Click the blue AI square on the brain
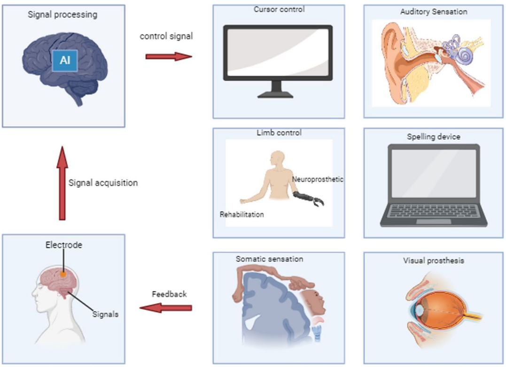tap(65, 61)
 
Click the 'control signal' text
tap(166, 36)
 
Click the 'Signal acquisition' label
tap(103, 183)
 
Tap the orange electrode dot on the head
tap(62, 273)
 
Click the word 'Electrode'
tap(64, 245)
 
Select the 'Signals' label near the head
tap(105, 314)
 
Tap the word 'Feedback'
tap(169, 294)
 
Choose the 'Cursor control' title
tap(279, 9)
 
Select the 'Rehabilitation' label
tap(241, 214)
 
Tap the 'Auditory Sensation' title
tap(434, 12)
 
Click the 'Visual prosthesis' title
tap(434, 260)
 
